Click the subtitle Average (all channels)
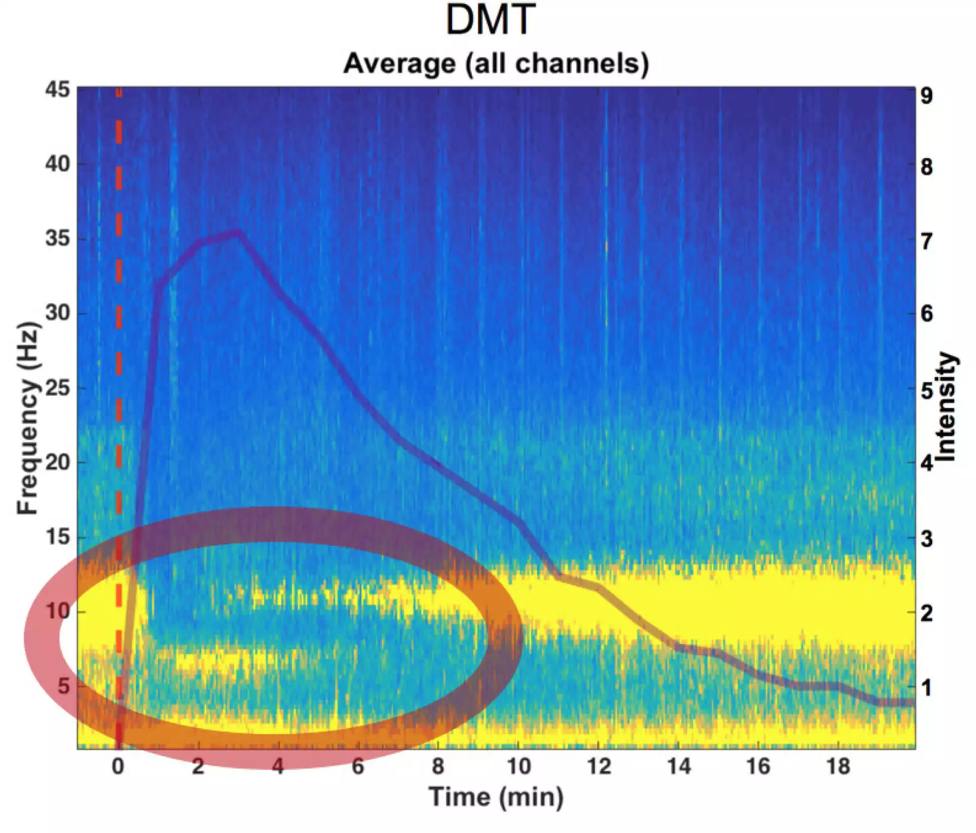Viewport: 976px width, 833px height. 496,64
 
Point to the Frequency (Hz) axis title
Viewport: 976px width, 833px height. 28,418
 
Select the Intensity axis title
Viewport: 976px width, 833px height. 946,407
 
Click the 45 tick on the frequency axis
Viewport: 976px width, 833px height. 57,90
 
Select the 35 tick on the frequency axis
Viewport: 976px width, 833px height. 57,238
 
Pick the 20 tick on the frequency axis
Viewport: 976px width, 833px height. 57,462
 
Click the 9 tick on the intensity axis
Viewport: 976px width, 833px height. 927,95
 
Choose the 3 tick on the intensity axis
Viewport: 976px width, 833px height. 927,539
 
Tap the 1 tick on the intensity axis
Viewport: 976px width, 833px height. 927,687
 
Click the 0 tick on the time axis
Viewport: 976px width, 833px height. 118,767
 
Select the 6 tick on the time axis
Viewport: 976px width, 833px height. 358,767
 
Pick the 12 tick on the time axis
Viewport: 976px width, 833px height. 598,767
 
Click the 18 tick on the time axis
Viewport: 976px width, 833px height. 838,767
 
